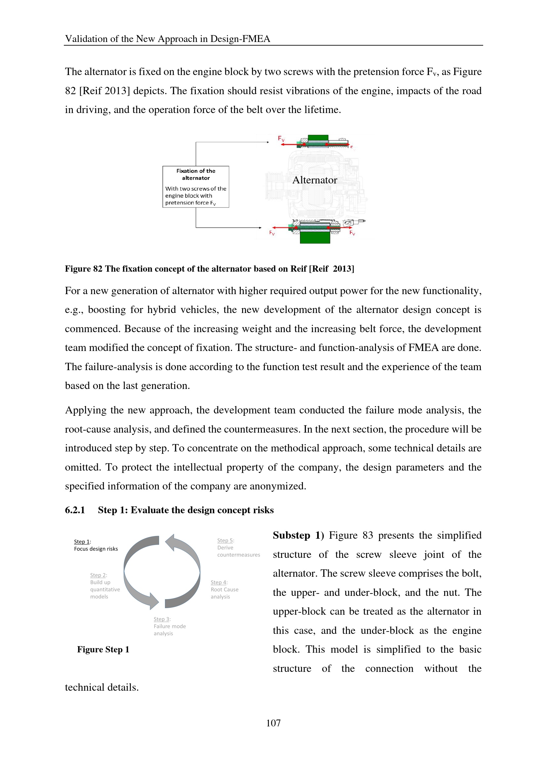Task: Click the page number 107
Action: [273, 723]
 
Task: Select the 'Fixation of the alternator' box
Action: [196, 186]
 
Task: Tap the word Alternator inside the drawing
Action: [315, 180]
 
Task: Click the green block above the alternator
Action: [317, 138]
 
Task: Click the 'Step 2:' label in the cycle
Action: [98, 575]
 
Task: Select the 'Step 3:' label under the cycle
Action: [162, 619]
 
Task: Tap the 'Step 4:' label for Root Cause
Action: [219, 582]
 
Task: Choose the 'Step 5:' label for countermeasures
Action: [225, 541]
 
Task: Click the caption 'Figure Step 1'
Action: [103, 649]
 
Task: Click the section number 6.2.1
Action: [75, 510]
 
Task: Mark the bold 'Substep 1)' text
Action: [298, 535]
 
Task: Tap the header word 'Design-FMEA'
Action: [240, 39]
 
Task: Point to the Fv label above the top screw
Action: [281, 138]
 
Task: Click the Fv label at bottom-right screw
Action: [352, 233]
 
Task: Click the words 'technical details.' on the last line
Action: [102, 687]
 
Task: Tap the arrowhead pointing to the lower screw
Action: [260, 228]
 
